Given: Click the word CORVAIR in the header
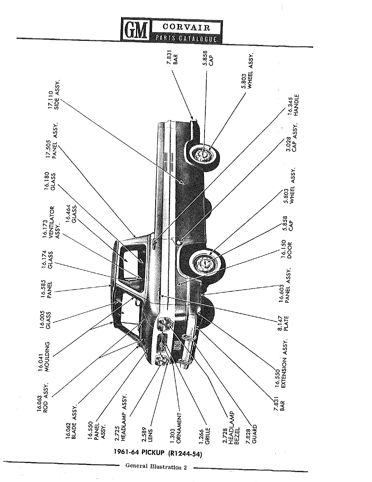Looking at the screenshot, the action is (x=186, y=27).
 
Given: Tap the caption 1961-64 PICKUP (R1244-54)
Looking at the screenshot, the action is (x=158, y=453).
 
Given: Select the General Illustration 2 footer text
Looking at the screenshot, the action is (x=156, y=467).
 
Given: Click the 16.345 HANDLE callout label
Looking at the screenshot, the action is (x=294, y=105).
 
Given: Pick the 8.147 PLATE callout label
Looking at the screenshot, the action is (x=283, y=323).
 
